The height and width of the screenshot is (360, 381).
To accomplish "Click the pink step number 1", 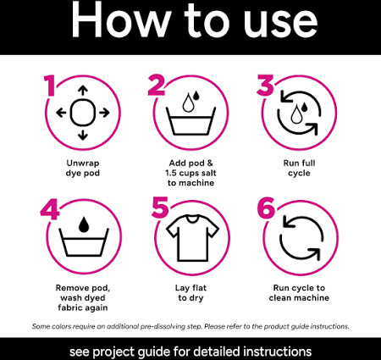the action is pyautogui.click(x=50, y=86).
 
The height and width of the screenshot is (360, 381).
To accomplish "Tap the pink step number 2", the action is pyautogui.click(x=157, y=85).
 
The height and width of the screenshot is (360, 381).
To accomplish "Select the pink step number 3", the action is pyautogui.click(x=265, y=85).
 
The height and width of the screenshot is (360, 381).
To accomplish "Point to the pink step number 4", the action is pyautogui.click(x=50, y=209).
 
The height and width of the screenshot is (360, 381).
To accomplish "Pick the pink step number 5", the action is pyautogui.click(x=160, y=208).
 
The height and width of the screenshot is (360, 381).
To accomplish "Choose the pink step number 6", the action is pyautogui.click(x=266, y=208).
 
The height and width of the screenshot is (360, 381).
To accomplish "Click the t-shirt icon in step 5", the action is pyautogui.click(x=193, y=238).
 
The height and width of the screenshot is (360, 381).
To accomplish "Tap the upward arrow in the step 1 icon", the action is pyautogui.click(x=83, y=91).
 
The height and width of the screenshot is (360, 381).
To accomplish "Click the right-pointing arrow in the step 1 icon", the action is pyautogui.click(x=104, y=113).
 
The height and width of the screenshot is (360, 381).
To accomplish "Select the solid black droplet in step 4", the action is pyautogui.click(x=84, y=224).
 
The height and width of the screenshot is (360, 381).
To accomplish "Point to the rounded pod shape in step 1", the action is pyautogui.click(x=83, y=113).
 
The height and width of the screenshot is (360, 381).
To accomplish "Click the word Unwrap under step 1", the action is pyautogui.click(x=83, y=163).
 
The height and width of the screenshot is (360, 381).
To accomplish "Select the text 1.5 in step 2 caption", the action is pyautogui.click(x=171, y=173).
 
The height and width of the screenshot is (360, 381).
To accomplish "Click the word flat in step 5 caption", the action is pyautogui.click(x=199, y=288).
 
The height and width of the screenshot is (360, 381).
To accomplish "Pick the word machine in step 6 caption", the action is pyautogui.click(x=313, y=297).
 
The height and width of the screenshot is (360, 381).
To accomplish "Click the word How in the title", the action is pyautogui.click(x=120, y=19).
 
